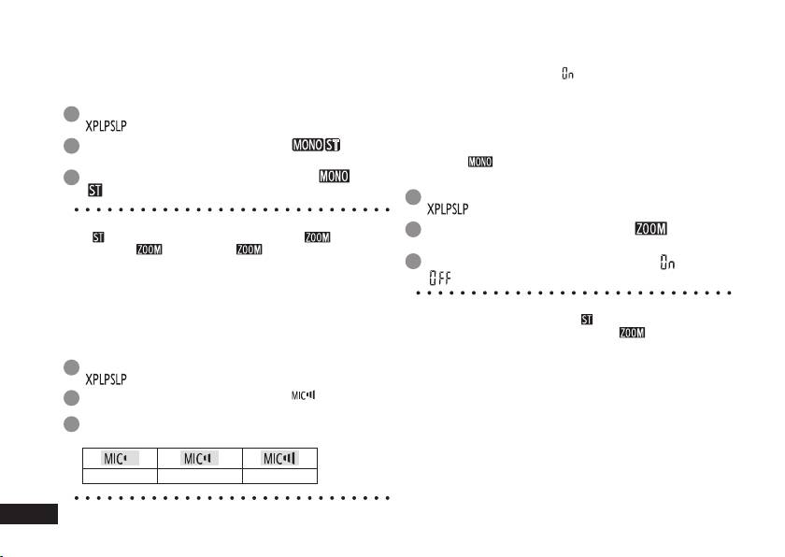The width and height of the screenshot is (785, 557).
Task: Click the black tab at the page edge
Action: coord(29,514)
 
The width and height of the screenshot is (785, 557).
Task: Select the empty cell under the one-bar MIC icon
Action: coord(117,475)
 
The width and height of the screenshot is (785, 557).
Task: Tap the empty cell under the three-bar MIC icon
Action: coord(278,475)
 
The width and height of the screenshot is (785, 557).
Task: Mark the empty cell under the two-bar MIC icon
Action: coord(197,475)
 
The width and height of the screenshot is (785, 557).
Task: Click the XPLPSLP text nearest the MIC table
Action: coord(106,379)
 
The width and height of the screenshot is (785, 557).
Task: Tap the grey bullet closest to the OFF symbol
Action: coord(413,262)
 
